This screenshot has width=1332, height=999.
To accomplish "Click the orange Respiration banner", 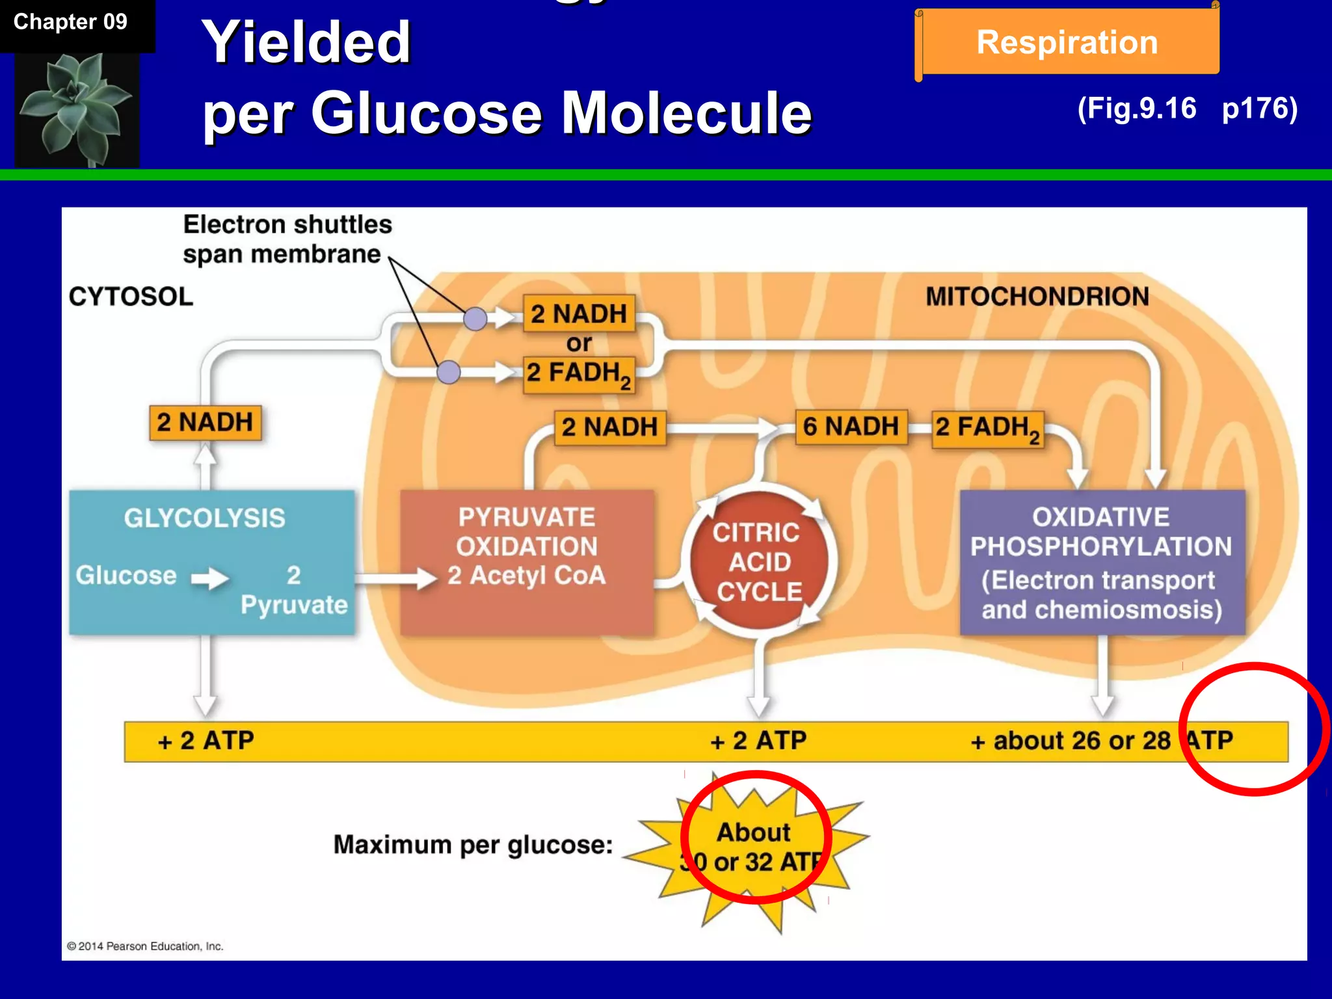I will tap(1067, 42).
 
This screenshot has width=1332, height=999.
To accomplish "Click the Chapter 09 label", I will tap(70, 22).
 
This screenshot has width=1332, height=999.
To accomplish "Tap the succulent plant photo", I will tap(77, 109).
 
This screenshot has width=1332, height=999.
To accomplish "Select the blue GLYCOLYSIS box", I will tap(212, 562).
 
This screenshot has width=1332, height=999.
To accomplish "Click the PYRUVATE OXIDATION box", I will tap(527, 562).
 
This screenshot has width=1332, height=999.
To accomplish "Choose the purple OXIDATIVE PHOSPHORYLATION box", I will tap(1102, 562).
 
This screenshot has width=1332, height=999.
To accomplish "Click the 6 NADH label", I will tap(851, 427).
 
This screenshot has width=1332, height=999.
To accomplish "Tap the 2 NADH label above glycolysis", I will tap(205, 423).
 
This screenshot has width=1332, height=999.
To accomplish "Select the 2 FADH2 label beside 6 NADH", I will tap(987, 429).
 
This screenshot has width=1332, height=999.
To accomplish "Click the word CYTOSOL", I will tap(131, 297).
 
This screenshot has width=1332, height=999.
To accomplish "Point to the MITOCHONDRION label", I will tap(1037, 297).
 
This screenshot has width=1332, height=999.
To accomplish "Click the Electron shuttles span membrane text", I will tap(287, 239).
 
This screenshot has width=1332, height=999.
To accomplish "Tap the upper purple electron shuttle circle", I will tap(475, 319).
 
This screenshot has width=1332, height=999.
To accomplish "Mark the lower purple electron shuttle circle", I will tap(448, 372).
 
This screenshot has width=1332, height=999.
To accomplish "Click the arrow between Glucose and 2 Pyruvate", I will tap(209, 578).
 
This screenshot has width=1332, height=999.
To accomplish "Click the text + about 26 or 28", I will tap(1071, 741).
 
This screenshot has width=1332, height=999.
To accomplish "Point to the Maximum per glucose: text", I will tap(473, 845).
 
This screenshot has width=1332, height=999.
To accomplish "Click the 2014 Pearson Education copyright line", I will tap(145, 946).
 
